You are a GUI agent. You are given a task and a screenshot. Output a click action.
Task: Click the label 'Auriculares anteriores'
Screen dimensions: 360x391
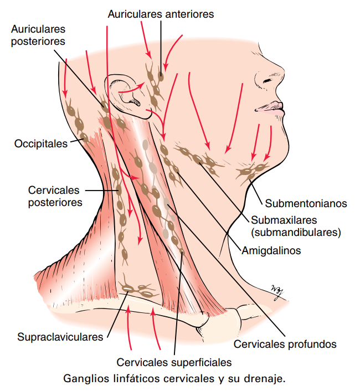[161, 14]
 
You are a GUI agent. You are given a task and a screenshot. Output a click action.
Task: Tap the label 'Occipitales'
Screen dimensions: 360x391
[41, 143]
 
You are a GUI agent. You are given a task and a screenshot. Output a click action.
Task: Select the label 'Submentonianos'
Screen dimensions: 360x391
[306, 203]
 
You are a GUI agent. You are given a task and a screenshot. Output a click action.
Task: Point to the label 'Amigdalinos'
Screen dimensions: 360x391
[271, 251]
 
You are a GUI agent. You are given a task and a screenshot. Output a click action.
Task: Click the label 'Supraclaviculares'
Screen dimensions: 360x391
[60, 337]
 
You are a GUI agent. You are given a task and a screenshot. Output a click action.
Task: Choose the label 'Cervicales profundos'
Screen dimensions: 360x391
[285, 344]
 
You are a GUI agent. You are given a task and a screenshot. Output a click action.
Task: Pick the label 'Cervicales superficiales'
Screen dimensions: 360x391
[174, 362]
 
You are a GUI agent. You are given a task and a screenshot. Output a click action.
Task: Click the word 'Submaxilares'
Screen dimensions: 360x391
[284, 220]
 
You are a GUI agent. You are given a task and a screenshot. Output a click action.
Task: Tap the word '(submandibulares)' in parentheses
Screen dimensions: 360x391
[296, 233]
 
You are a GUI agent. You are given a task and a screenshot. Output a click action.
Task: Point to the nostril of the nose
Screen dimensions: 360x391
[267, 80]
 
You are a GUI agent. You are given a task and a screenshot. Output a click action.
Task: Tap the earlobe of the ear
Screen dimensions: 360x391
[145, 114]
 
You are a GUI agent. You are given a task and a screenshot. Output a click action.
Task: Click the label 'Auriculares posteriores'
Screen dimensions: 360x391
[38, 35]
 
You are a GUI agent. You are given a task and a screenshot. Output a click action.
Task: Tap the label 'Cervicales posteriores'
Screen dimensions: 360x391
[55, 196]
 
